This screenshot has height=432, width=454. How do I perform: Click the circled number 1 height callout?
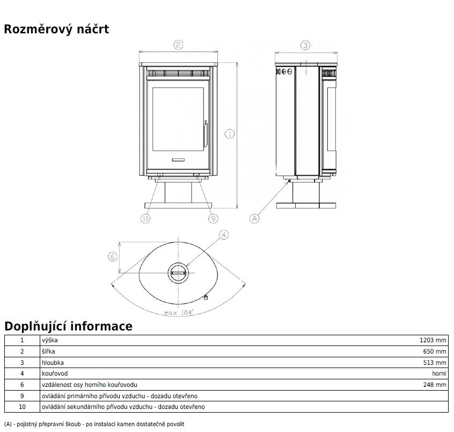230,134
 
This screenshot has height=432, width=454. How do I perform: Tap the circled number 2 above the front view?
178,45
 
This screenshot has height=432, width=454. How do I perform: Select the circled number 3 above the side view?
305,45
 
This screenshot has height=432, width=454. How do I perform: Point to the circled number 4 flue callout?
224,235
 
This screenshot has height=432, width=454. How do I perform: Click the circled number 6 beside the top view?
113,256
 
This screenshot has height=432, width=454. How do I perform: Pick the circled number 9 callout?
214,218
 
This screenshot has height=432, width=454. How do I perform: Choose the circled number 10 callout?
145,218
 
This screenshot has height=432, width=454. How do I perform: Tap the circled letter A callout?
254,218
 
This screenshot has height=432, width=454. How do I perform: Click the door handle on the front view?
206,134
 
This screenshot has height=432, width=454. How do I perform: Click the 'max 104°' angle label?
179,313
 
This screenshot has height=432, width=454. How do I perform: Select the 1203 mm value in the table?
433,340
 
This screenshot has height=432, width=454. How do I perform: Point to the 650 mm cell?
435,351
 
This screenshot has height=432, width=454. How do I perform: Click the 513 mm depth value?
435,363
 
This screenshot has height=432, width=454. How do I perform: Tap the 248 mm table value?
435,385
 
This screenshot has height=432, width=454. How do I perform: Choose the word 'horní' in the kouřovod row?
439,373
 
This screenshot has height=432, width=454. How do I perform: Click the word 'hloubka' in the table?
53,363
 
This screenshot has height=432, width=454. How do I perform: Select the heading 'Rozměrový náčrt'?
56,29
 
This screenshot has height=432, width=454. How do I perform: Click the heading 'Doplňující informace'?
68,326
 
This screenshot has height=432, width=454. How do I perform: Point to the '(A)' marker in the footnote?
8,424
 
